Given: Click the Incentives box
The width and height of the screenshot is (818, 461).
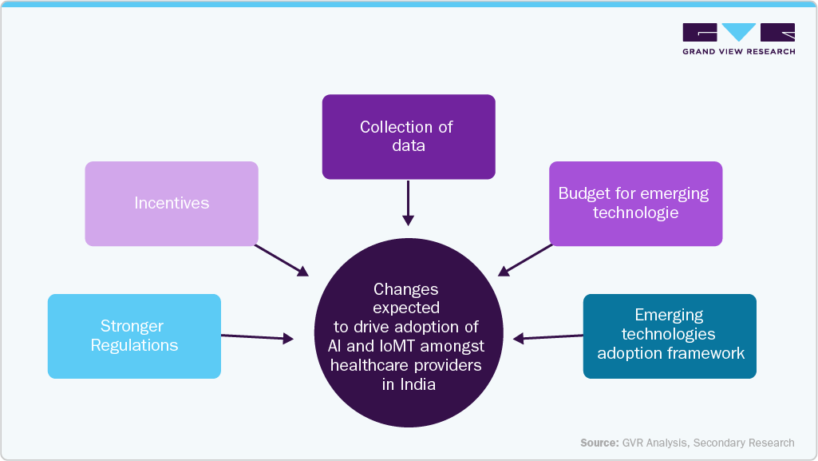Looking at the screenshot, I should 172,203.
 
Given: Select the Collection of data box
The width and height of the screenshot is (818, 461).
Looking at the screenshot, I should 409,137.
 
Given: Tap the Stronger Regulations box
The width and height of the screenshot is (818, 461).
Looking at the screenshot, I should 134,336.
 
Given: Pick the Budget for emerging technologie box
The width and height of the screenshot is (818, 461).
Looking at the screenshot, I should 635,203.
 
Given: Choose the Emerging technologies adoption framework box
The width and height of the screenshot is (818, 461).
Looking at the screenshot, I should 670,336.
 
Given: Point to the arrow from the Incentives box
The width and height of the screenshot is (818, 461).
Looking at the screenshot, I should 281,260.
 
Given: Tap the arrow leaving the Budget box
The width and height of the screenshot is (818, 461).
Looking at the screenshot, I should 525,260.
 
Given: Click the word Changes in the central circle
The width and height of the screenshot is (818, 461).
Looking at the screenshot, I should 406,289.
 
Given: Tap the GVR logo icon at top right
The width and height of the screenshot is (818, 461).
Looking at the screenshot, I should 738,33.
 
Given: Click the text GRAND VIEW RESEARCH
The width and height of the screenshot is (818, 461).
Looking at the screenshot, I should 738,52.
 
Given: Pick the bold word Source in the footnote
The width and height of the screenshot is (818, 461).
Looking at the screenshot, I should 599,443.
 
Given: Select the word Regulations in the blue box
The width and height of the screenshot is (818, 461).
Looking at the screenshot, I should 134,345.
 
